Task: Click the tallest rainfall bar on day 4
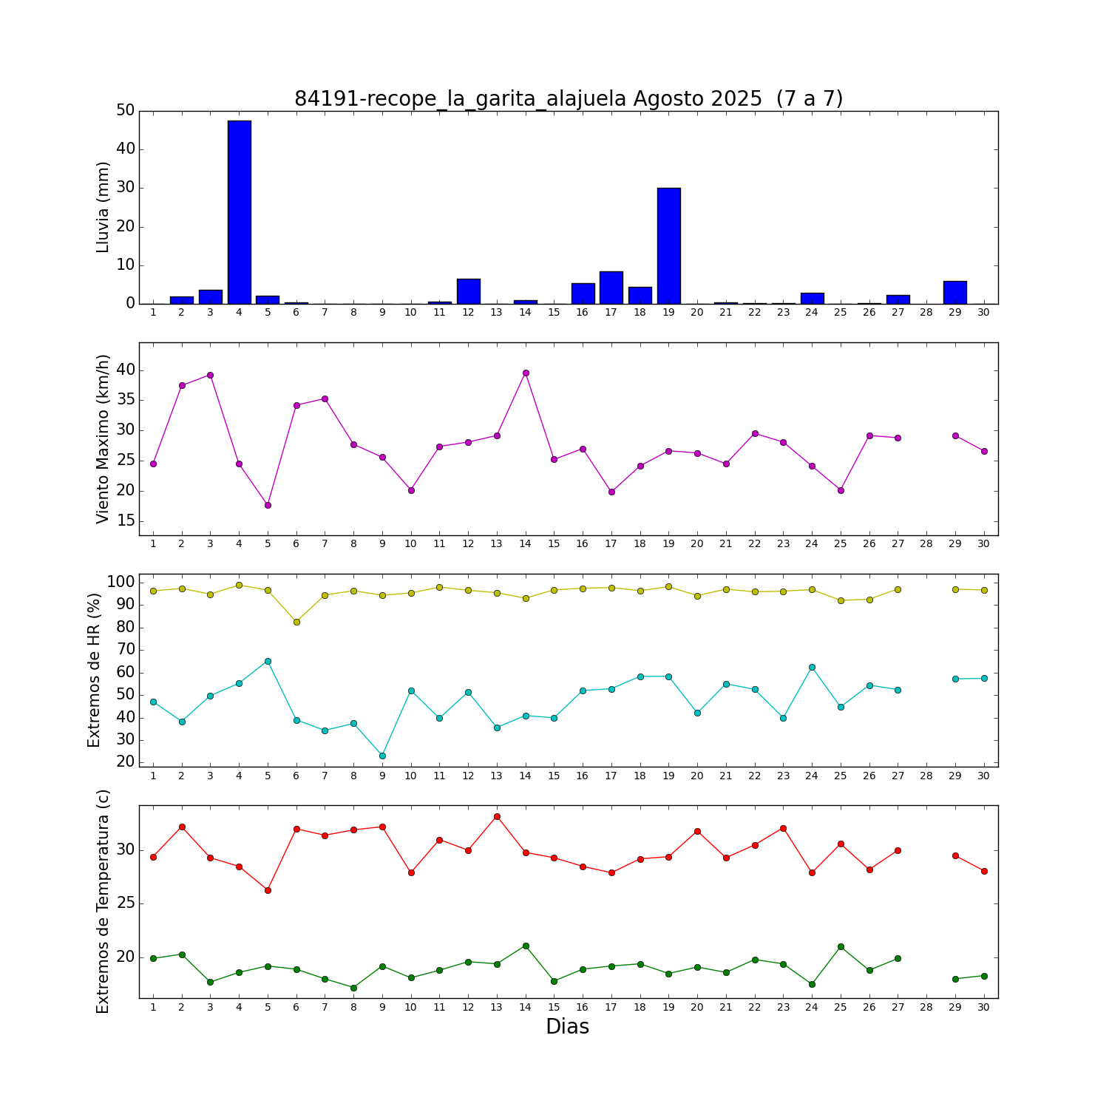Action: (240, 212)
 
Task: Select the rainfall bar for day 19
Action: (669, 246)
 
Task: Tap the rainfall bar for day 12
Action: (469, 291)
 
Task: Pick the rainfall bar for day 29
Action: (955, 293)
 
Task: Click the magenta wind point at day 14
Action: (526, 373)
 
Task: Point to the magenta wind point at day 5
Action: (268, 505)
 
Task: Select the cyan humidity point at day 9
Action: (382, 756)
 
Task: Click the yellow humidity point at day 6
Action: (296, 622)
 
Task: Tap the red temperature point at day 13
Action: (497, 816)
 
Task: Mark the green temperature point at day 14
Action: (526, 946)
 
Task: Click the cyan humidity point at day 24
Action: (812, 667)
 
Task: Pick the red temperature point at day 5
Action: (268, 890)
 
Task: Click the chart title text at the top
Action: (569, 98)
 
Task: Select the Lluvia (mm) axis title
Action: (103, 207)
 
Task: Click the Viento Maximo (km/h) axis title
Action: (103, 438)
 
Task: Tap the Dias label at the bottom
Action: (567, 1026)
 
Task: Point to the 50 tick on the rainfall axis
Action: (126, 111)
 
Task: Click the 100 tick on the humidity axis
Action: (121, 582)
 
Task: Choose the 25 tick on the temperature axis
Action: (126, 903)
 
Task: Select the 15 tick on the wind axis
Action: (126, 521)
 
